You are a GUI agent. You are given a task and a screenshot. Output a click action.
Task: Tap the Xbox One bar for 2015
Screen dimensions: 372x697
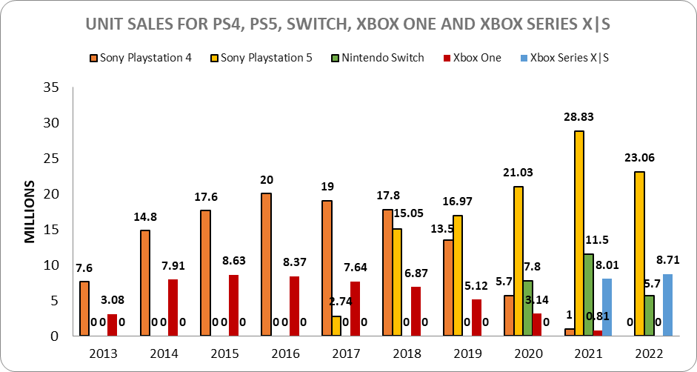[233, 305]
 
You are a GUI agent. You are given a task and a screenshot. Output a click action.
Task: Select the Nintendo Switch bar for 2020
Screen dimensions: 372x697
[528, 308]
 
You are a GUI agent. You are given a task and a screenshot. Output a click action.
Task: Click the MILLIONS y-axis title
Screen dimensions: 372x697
[30, 211]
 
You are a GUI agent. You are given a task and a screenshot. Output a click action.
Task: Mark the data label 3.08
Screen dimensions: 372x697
[112, 300]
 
